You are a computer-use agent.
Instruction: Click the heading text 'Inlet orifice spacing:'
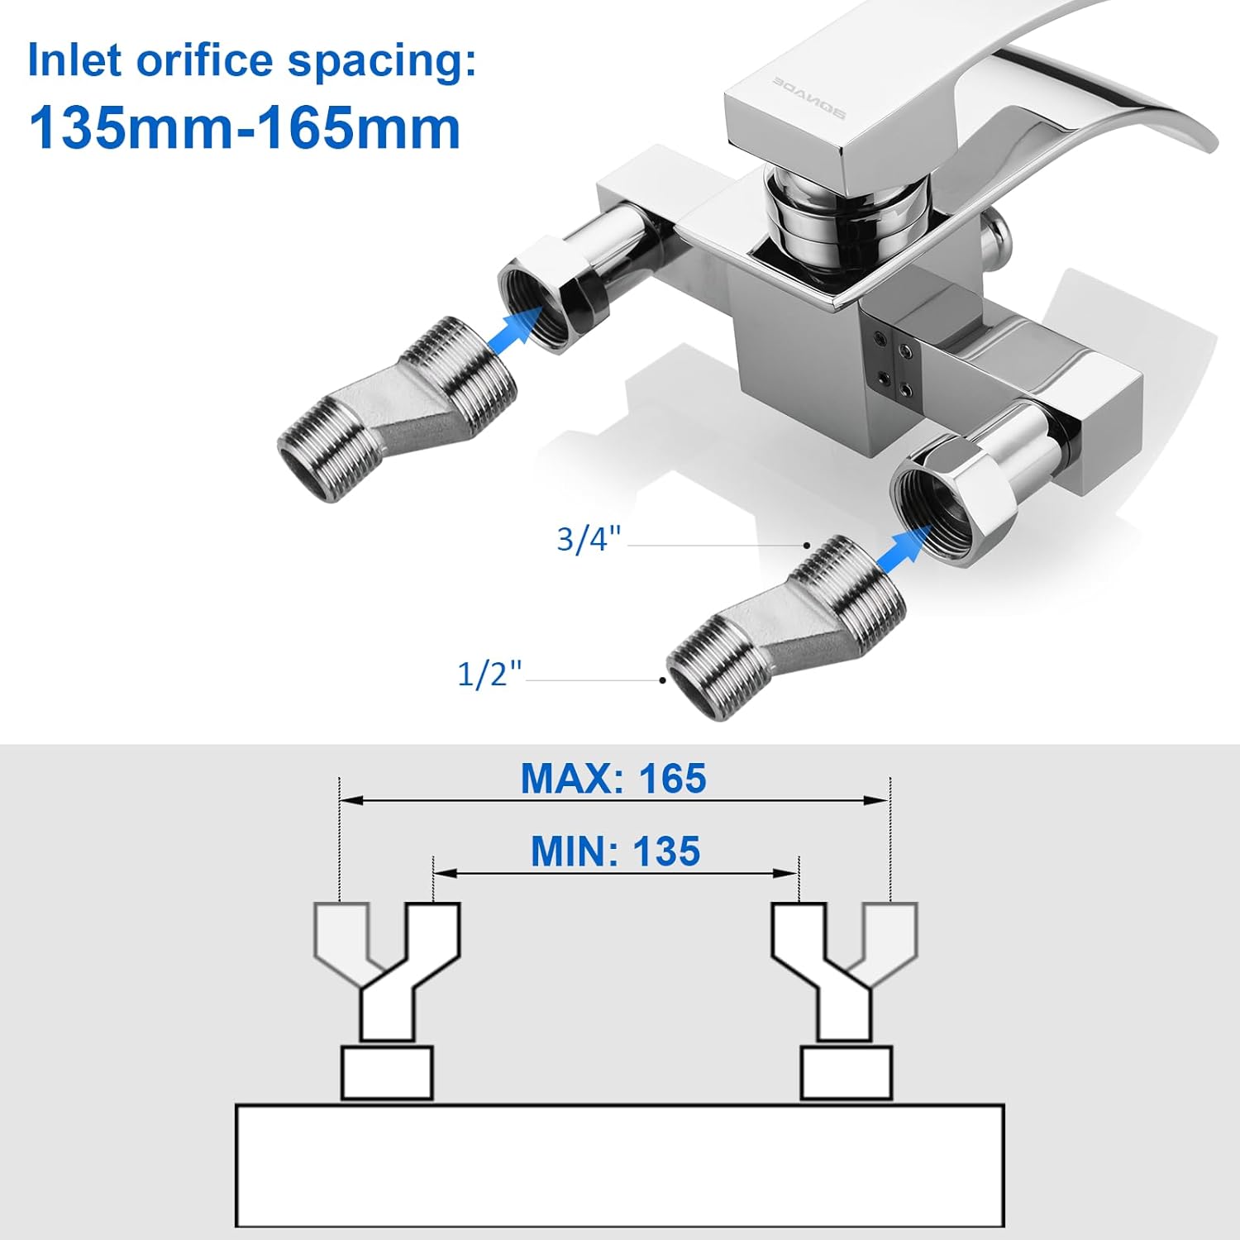[x=252, y=62]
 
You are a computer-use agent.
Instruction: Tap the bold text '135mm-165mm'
[x=245, y=128]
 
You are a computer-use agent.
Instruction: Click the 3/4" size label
[x=588, y=539]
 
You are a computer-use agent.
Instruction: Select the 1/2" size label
[x=490, y=674]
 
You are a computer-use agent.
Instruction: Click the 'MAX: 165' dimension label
[x=613, y=779]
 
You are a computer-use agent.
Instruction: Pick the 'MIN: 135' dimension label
[x=615, y=851]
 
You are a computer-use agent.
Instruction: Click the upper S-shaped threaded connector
[x=397, y=409]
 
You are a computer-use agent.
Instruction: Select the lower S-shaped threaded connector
[x=785, y=626]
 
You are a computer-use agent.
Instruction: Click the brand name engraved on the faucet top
[x=808, y=107]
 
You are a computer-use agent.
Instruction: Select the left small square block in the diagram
[x=387, y=1073]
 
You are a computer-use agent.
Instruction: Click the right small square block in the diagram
[x=847, y=1073]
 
